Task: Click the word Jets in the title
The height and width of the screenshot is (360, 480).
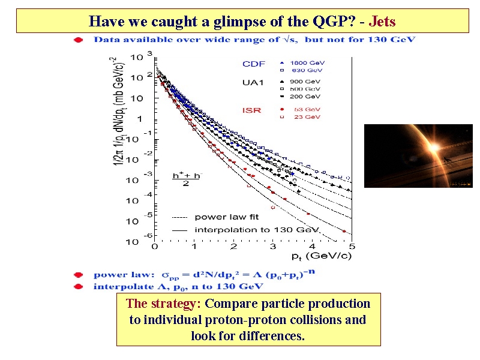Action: [x=382, y=22]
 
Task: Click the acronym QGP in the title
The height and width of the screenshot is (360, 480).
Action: [x=329, y=22]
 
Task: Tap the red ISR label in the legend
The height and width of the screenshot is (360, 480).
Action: [x=251, y=110]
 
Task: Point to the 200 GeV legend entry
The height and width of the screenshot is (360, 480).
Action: [x=305, y=96]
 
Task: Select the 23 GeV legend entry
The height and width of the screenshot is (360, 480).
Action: [x=307, y=117]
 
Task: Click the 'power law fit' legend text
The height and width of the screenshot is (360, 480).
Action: [x=226, y=217]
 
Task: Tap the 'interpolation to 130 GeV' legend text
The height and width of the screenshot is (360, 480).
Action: [x=257, y=230]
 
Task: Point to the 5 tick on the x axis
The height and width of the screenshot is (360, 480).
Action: [x=352, y=246]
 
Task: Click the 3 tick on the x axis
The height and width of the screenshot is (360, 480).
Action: [x=273, y=246]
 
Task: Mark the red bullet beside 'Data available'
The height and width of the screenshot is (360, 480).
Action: [x=77, y=40]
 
